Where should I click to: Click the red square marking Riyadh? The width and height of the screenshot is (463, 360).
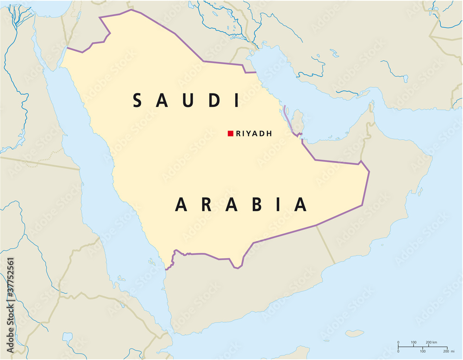[x=230, y=134]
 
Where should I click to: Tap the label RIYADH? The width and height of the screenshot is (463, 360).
[x=254, y=134]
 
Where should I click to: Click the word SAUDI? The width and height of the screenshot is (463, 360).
[x=187, y=100]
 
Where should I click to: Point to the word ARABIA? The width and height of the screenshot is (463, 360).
[x=241, y=204]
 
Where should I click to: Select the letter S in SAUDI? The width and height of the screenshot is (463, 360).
[x=138, y=100]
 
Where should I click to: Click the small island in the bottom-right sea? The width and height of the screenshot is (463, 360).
[x=355, y=333]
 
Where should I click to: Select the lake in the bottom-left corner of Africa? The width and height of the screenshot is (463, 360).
[x=68, y=337]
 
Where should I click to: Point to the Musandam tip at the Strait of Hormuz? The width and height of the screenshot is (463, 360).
[x=371, y=107]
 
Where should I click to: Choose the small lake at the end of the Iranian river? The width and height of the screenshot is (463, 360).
[x=405, y=78]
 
